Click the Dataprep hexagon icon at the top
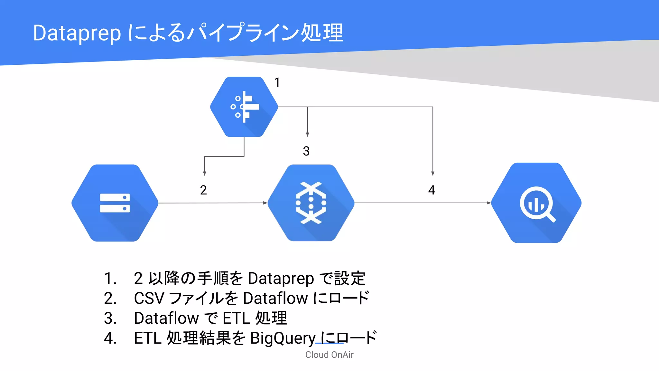tap(244, 107)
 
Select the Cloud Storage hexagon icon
tap(115, 203)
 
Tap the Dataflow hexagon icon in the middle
tap(311, 203)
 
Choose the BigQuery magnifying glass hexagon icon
tap(536, 203)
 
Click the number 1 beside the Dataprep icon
tap(277, 82)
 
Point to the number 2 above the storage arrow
tap(203, 190)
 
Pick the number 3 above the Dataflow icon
tap(306, 151)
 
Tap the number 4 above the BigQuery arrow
tap(432, 190)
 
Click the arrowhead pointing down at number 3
tap(307, 134)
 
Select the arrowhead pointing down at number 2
tap(205, 173)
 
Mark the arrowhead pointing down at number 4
tap(433, 173)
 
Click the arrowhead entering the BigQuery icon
tap(488, 203)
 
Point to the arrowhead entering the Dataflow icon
tap(265, 203)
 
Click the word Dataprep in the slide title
tap(77, 33)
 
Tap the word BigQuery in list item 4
tap(283, 338)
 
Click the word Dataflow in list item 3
tap(166, 318)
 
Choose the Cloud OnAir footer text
tap(329, 355)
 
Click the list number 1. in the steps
tap(110, 278)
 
